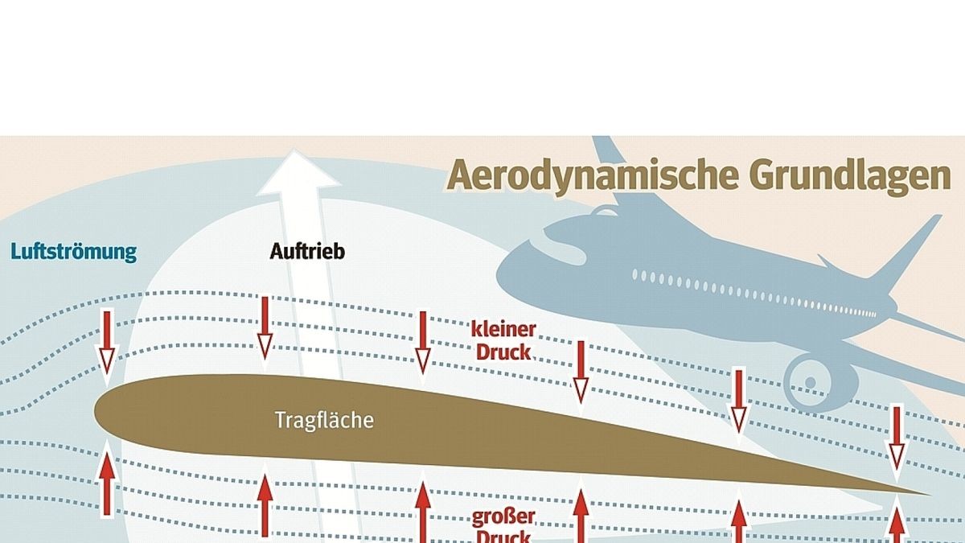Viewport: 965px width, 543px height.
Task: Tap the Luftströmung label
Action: pyautogui.click(x=73, y=252)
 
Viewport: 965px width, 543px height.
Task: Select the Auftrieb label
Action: pyautogui.click(x=306, y=252)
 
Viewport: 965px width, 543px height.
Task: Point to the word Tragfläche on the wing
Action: pyautogui.click(x=324, y=420)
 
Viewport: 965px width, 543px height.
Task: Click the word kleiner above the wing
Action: pyautogui.click(x=503, y=330)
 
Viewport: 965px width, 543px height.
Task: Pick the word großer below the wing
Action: pyautogui.click(x=503, y=516)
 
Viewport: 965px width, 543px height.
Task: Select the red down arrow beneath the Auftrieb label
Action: pyautogui.click(x=265, y=327)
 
